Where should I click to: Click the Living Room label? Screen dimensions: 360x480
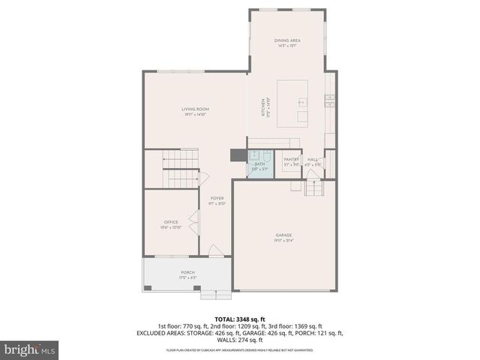click(193, 110)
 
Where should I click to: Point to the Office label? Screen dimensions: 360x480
click(171, 222)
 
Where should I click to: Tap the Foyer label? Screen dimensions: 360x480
click(217, 199)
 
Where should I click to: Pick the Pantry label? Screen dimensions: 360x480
click(291, 160)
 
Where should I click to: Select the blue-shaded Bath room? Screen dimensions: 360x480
click(260, 166)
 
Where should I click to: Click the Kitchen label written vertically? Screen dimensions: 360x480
click(263, 106)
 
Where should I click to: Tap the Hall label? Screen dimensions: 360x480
click(313, 160)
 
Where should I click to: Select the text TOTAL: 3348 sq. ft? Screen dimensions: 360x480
click(239, 319)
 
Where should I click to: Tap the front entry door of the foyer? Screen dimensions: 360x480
click(214, 250)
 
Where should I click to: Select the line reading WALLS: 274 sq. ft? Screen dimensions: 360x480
click(239, 339)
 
